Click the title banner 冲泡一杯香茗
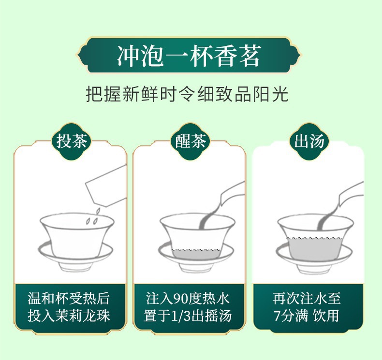click(189, 56)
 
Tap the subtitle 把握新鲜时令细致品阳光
click(187, 94)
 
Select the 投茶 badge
click(71, 142)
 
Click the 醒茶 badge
click(190, 142)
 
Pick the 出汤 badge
click(309, 142)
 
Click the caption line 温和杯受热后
click(69, 299)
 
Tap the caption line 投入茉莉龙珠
click(69, 316)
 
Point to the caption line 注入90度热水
click(188, 299)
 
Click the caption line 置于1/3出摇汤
click(188, 316)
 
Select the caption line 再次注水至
click(307, 299)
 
